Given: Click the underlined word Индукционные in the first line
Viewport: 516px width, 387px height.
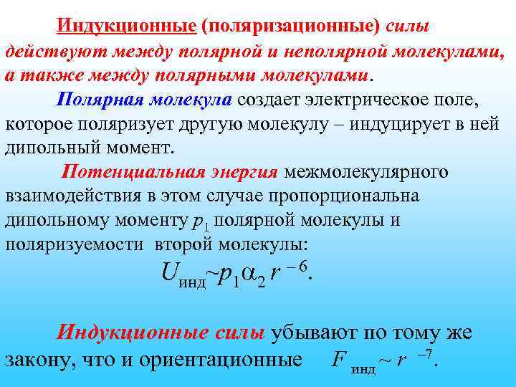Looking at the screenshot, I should click(x=127, y=27).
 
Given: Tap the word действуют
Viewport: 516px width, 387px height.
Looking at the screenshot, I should click(x=54, y=52).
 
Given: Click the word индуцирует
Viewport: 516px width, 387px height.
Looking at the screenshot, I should click(x=398, y=124).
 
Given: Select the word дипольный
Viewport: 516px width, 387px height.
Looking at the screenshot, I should click(x=49, y=148).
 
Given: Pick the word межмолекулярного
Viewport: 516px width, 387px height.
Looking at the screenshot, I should click(x=366, y=172).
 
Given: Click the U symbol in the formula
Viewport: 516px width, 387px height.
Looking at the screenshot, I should click(x=169, y=272).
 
